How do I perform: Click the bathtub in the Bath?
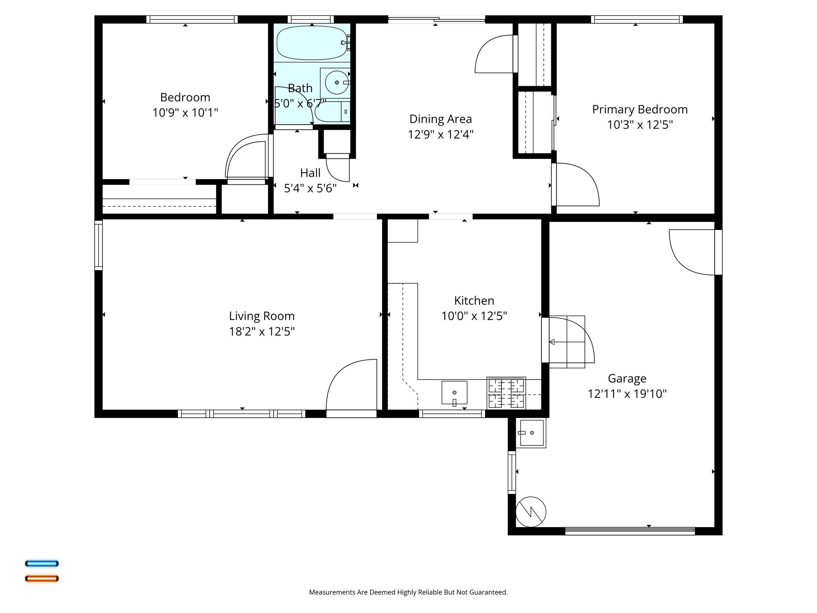coord(312,43)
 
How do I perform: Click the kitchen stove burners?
coord(506,393)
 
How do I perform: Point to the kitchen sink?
coord(454,393)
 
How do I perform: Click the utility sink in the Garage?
coord(531,433)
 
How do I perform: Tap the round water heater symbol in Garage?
coord(531,512)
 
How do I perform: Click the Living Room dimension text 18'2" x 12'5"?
coord(262,332)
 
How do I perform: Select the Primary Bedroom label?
coord(640,109)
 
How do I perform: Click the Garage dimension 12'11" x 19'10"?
coord(627,394)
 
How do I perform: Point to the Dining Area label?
coord(440,119)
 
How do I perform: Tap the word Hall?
coord(310,173)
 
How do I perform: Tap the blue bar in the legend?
coord(42,564)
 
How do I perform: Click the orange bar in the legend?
coord(42,578)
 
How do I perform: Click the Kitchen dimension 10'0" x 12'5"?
coord(474,316)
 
